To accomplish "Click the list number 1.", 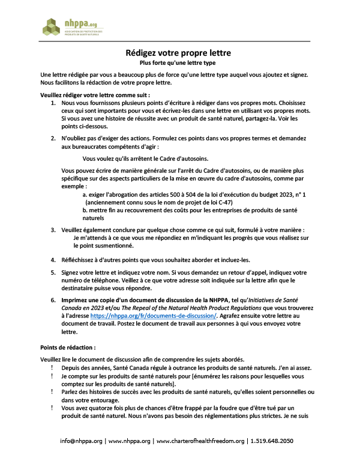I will tap(53, 104).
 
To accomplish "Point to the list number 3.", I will tap(53, 230).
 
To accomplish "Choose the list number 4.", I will tap(53, 260).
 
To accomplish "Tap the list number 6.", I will tap(53, 300).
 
